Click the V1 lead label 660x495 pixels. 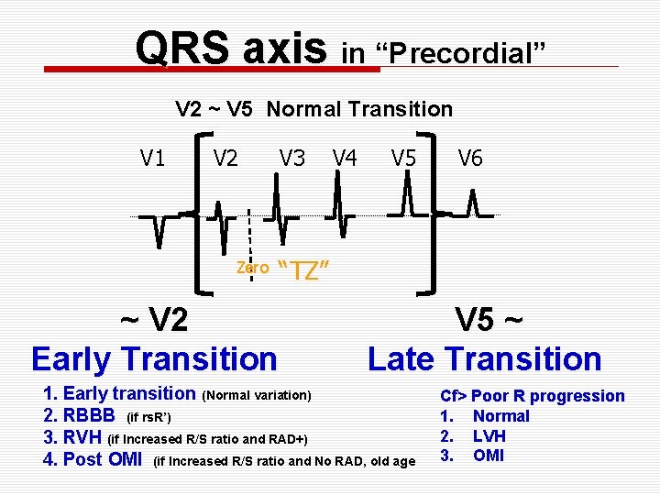coord(153,159)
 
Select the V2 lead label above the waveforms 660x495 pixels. coord(225,159)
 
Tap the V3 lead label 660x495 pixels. coord(292,159)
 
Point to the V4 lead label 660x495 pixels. coord(345,159)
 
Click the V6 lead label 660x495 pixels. coord(470,159)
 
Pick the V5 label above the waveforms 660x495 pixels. coord(403,159)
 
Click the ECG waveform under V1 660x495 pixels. coord(159,228)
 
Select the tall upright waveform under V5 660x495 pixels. coord(407,197)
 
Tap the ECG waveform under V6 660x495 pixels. coord(473,205)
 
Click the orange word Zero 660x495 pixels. coord(252,268)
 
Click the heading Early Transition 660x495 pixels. coord(154,357)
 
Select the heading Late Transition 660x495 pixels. coord(484,357)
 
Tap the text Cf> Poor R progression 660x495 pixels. coord(532,396)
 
